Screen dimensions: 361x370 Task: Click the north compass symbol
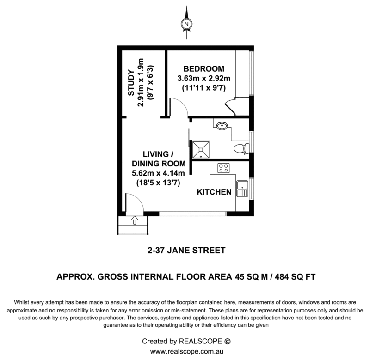pyautogui.click(x=186, y=24)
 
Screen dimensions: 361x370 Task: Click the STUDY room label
pyautogui.click(x=131, y=82)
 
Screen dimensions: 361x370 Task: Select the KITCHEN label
pyautogui.click(x=214, y=191)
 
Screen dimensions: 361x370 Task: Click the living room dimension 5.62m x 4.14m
pyautogui.click(x=159, y=173)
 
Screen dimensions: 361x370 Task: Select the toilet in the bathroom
pyautogui.click(x=241, y=148)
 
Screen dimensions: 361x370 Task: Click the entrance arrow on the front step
pyautogui.click(x=135, y=220)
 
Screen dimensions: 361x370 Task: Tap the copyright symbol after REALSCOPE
pyautogui.click(x=227, y=342)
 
